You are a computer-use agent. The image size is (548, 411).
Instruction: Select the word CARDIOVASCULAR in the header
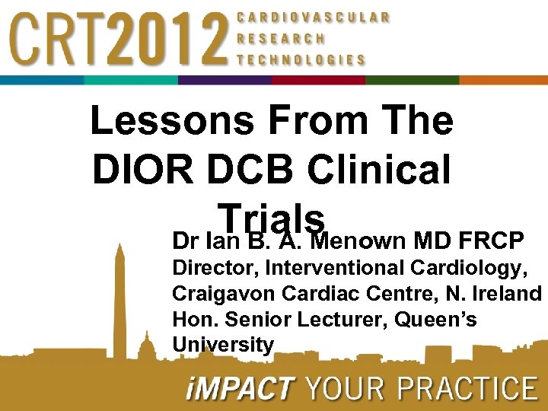[x=314, y=17]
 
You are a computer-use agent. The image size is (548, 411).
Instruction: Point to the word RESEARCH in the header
[x=281, y=38]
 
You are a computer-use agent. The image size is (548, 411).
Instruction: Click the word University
[x=223, y=345]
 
